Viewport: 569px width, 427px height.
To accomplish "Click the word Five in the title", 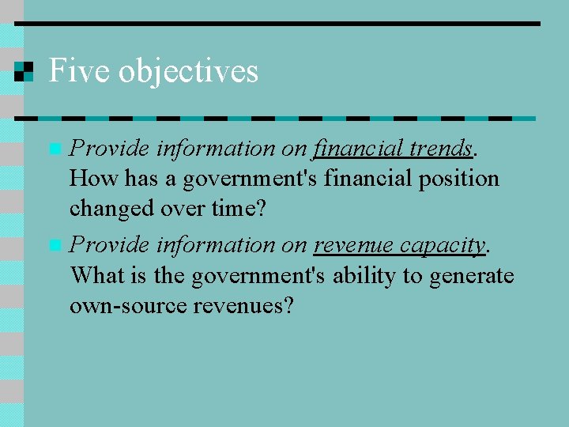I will [x=77, y=71].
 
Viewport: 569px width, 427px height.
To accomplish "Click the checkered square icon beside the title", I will [x=24, y=71].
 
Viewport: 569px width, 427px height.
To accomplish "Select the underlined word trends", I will [x=439, y=148].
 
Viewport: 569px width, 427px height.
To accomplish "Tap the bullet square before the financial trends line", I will [x=54, y=149].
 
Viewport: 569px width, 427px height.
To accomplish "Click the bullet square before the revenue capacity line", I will [x=54, y=245].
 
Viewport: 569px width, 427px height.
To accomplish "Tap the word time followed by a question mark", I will [x=245, y=210].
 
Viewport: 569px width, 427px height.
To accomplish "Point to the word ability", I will [x=360, y=276].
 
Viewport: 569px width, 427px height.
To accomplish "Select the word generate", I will [x=472, y=276].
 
